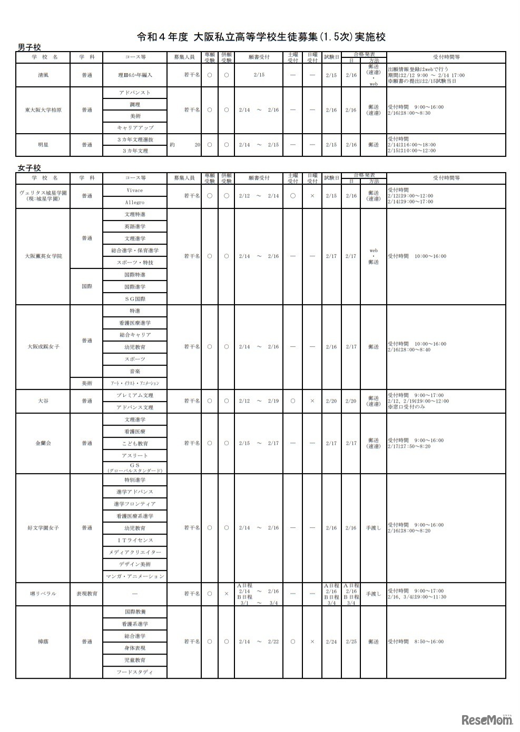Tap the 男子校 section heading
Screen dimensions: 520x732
(x=30, y=47)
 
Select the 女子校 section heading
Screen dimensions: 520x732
(x=30, y=168)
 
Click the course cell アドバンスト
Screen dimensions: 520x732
(x=135, y=93)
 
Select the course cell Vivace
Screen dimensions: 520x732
(x=135, y=190)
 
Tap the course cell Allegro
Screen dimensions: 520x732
(x=135, y=203)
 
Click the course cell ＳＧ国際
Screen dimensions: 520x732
(x=135, y=299)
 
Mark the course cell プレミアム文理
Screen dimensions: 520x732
(x=135, y=395)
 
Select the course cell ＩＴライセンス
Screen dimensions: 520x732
(x=135, y=540)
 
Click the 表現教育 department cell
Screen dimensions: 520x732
(x=86, y=594)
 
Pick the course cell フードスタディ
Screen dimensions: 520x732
(x=135, y=672)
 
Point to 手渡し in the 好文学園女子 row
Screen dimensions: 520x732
(x=374, y=528)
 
